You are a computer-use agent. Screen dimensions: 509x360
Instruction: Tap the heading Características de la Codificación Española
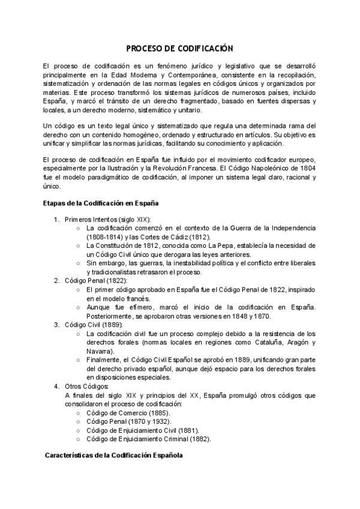[x=114, y=456]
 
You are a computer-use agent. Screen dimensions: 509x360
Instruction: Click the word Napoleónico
[x=259, y=169]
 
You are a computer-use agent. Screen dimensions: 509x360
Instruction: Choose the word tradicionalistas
[x=112, y=272]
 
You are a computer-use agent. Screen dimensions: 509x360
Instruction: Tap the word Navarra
[x=100, y=351]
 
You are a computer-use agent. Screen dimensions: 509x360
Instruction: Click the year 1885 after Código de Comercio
[x=158, y=413]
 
